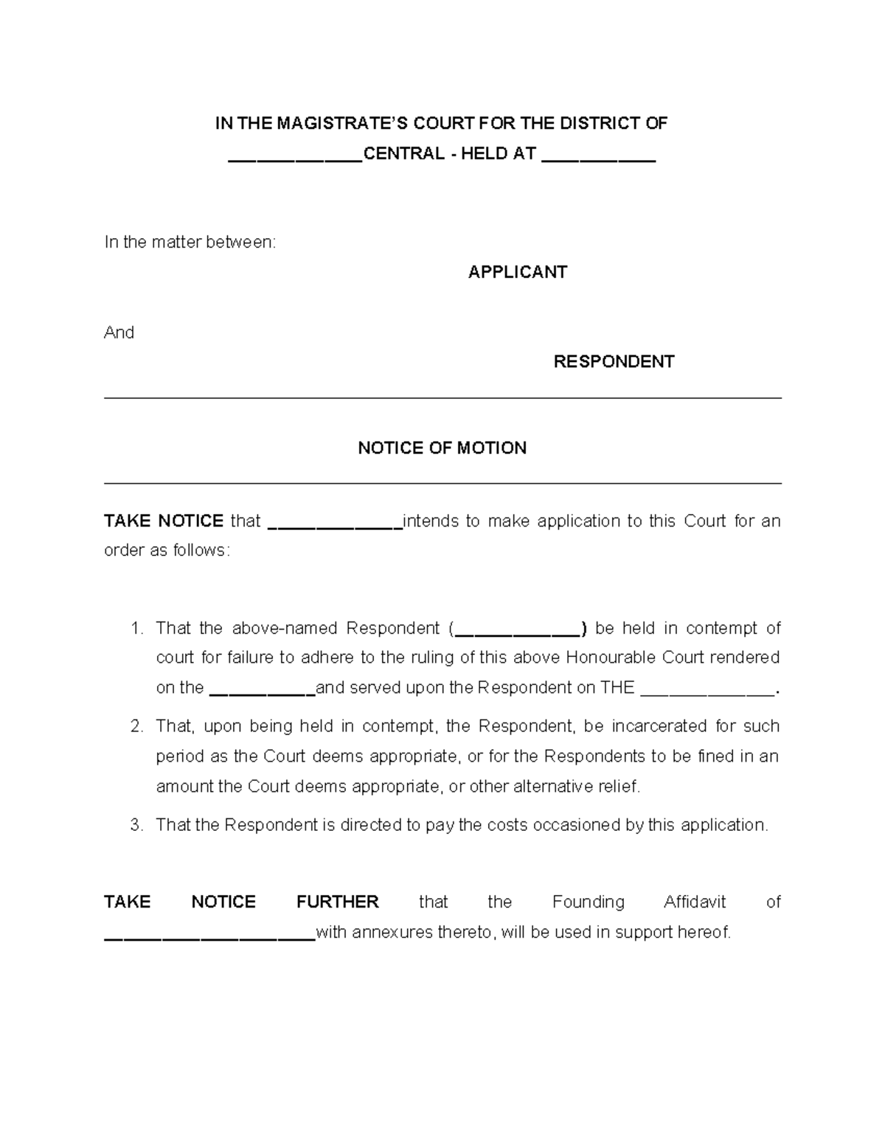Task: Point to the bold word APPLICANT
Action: [x=517, y=272]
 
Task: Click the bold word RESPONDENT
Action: [x=614, y=361]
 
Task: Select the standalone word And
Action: [x=119, y=333]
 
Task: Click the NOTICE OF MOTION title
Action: [x=442, y=448]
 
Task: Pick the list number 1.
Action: [x=136, y=628]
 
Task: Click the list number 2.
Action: [x=136, y=726]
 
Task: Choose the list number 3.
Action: [x=136, y=825]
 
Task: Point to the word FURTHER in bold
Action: [x=337, y=902]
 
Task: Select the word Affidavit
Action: [x=695, y=902]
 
